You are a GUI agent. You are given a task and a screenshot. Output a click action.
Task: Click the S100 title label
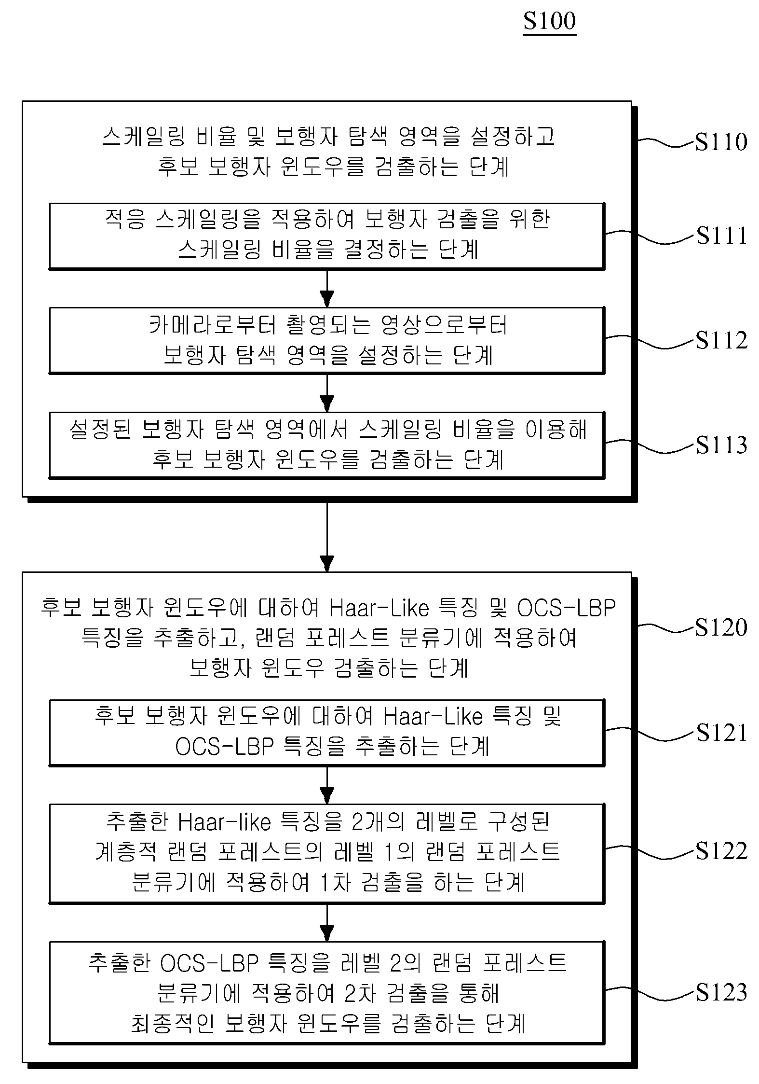pos(550,21)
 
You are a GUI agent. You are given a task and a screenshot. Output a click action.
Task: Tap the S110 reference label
pos(721,142)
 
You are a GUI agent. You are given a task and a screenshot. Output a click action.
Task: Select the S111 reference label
pos(721,236)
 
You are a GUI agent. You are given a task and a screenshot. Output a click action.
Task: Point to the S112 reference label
pos(721,341)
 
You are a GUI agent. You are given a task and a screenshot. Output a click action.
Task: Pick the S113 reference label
pos(721,445)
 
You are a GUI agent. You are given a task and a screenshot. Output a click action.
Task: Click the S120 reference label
pos(721,627)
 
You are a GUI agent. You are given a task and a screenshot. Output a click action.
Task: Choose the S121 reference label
pos(721,733)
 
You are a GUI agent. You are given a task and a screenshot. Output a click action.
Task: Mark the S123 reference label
pos(721,992)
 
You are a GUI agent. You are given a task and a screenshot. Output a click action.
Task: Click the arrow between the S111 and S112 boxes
pos(327,288)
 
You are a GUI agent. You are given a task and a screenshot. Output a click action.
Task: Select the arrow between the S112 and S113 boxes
pos(327,392)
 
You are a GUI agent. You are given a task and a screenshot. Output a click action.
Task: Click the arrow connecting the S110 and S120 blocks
pos(327,537)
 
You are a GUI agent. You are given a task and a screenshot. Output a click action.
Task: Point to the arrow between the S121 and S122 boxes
pos(327,785)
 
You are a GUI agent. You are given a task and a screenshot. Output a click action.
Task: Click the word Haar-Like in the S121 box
pos(433,716)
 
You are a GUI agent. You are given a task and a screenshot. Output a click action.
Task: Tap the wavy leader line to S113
pos(650,446)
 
